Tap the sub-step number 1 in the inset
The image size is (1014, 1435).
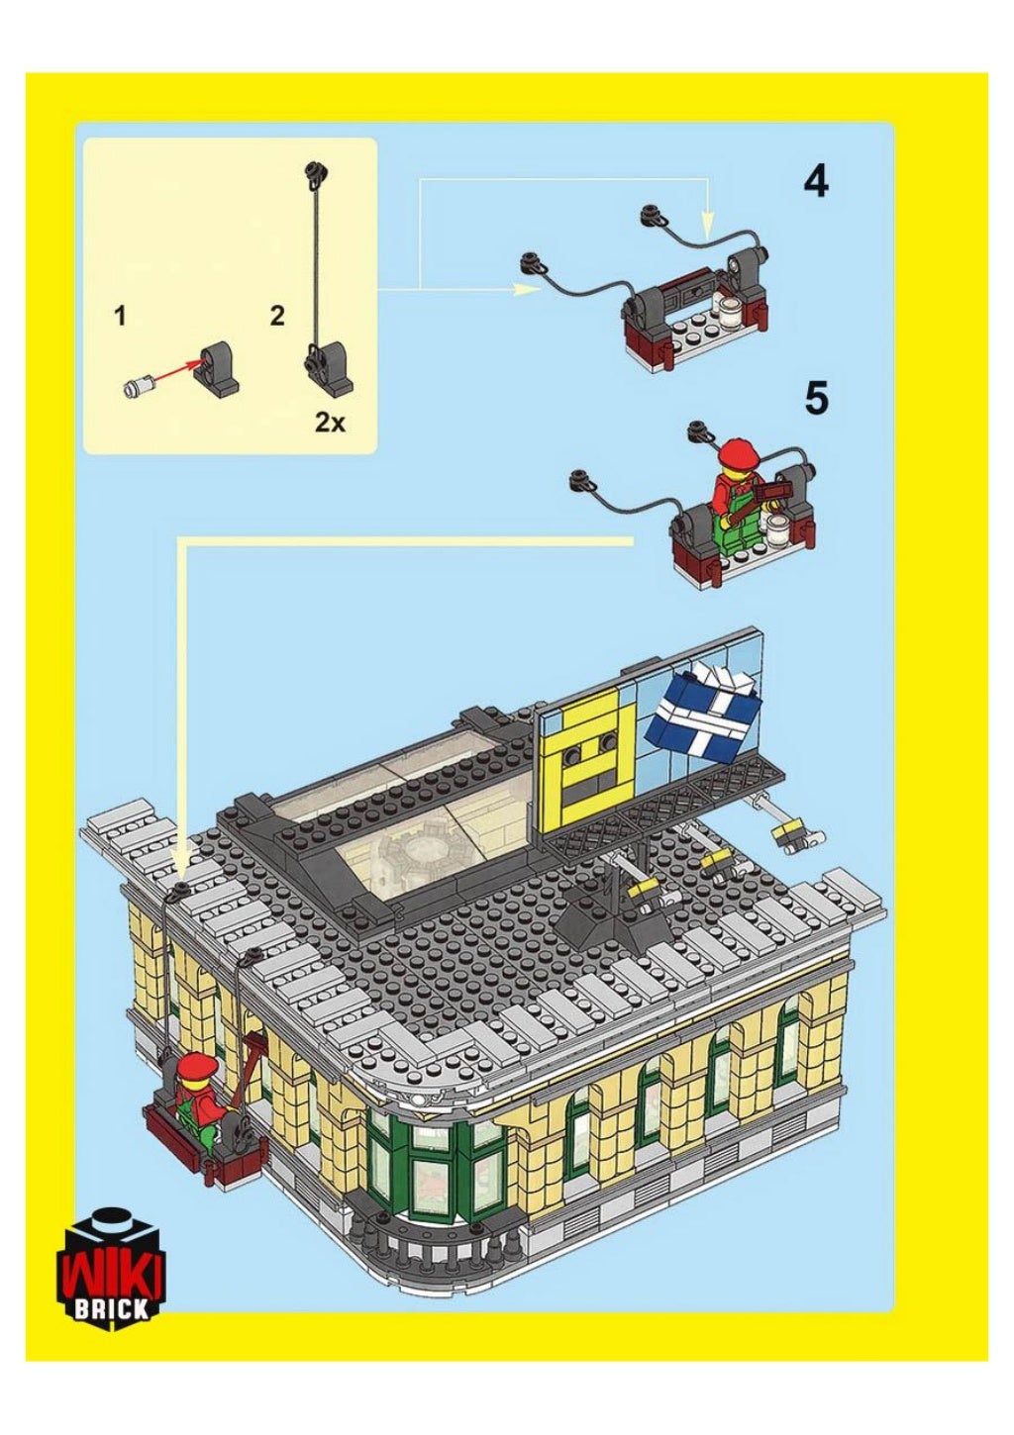tap(119, 317)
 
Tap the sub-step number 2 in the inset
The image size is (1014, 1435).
tap(276, 317)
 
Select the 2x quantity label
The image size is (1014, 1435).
tap(330, 423)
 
